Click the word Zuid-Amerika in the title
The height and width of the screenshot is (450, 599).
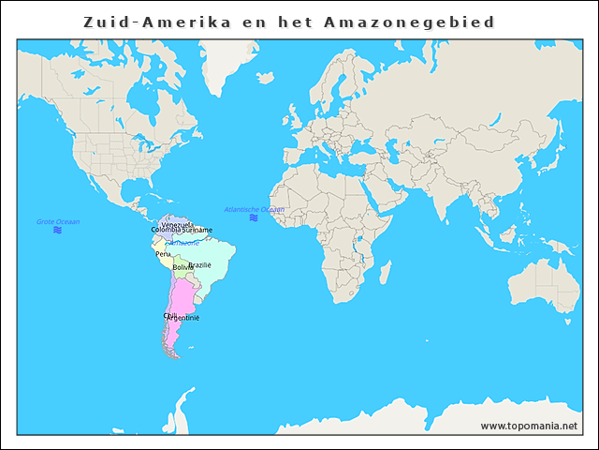(156, 21)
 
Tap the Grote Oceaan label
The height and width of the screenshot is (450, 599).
(58, 221)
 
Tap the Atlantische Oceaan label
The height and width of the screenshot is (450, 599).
(254, 209)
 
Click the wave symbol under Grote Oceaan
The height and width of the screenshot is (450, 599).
(58, 230)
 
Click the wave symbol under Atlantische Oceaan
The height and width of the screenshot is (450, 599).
(254, 217)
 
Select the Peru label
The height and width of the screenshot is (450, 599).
(163, 253)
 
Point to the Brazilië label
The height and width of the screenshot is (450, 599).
(200, 265)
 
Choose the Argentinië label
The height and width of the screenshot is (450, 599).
(183, 318)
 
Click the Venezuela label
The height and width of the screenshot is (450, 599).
(177, 224)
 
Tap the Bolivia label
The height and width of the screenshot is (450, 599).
(183, 268)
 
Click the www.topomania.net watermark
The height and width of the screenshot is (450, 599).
(530, 427)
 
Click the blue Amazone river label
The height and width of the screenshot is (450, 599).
(183, 243)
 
